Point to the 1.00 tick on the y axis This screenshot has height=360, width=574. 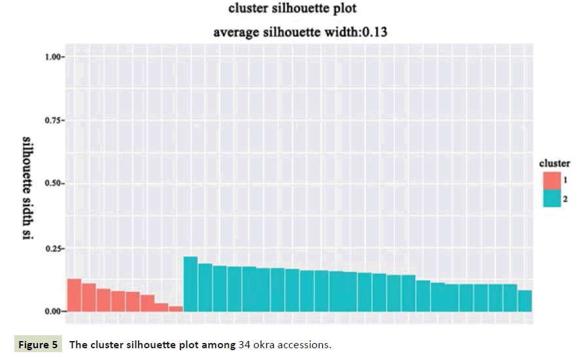54,57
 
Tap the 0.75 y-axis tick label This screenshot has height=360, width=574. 54,121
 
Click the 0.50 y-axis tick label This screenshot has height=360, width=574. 54,184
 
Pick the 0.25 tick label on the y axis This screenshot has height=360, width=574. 54,248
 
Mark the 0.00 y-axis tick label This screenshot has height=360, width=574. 54,311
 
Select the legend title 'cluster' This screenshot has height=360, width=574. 554,163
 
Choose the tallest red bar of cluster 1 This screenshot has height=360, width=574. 74,295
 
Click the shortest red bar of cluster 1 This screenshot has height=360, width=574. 176,308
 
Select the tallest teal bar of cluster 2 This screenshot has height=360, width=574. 190,284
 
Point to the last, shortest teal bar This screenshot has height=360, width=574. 524,301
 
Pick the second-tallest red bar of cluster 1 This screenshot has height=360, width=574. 89,297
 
